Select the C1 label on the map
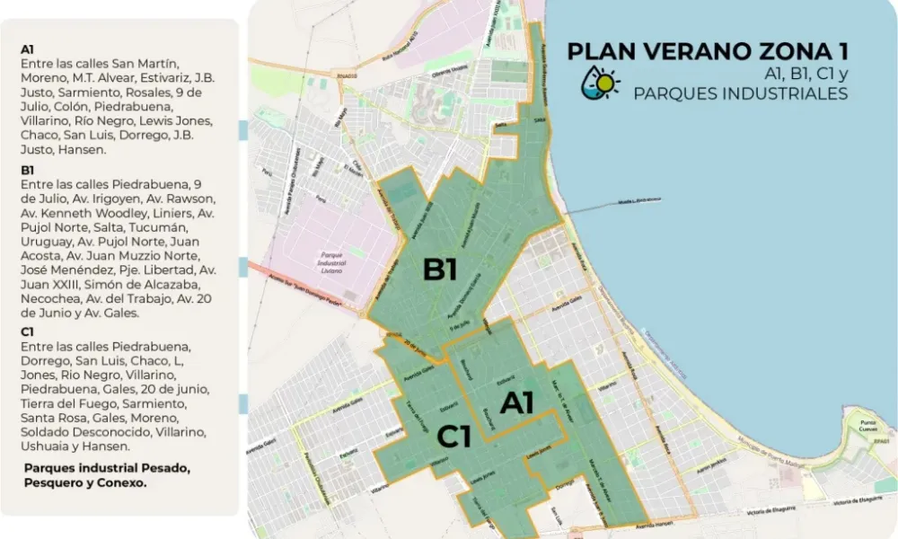tap(454, 437)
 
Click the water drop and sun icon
tap(601, 82)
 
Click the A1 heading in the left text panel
tap(27, 49)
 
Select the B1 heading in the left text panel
tap(27, 170)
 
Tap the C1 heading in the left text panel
tap(27, 331)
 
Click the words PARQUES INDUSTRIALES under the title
tap(740, 93)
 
